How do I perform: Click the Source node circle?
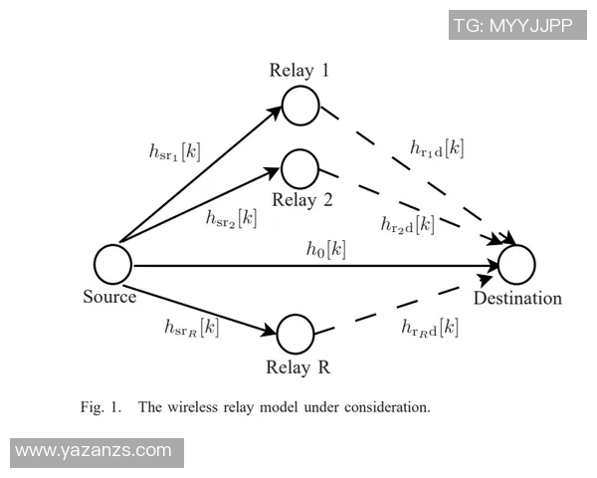(x=113, y=265)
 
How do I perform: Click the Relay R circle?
(x=296, y=334)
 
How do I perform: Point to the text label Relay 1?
(x=298, y=71)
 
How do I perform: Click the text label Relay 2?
(x=301, y=199)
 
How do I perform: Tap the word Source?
(x=109, y=297)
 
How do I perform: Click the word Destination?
(x=517, y=298)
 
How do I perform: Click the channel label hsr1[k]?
(x=174, y=152)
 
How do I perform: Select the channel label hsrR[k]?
(x=191, y=326)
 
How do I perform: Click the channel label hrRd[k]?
(x=430, y=327)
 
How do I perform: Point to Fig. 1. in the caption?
(x=100, y=406)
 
